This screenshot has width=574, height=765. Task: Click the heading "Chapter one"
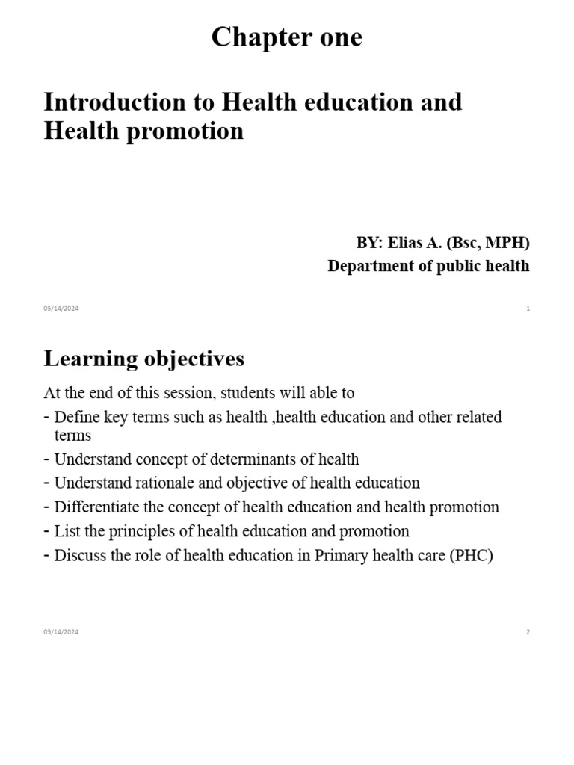[x=286, y=37]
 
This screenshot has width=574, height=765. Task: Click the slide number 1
[x=528, y=309]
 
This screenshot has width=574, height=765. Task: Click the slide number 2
[x=528, y=632]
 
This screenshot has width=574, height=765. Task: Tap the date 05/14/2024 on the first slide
[x=61, y=309]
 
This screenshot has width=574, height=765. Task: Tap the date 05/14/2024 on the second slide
[x=61, y=632]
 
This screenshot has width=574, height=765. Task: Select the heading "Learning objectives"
[x=143, y=359]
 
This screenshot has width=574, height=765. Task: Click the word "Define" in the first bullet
[x=77, y=417]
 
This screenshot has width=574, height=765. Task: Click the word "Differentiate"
[x=97, y=507]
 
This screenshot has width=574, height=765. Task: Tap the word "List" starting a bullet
[x=67, y=531]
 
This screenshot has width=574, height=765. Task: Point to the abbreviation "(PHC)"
[x=471, y=556]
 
